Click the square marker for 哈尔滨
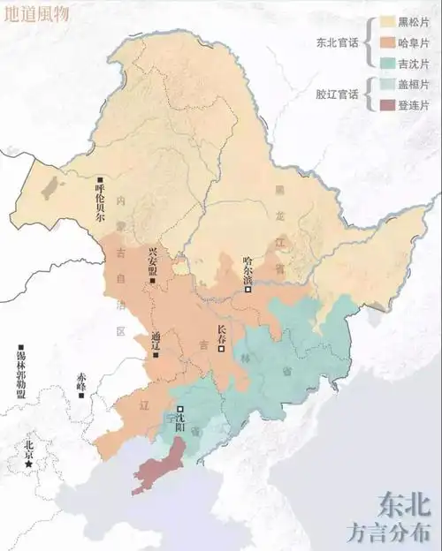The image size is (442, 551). point(248,289)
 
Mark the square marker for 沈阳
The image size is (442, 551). point(180,409)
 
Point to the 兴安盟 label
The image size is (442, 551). point(154,261)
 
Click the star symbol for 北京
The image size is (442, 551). point(30,463)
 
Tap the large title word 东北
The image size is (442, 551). point(404,504)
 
